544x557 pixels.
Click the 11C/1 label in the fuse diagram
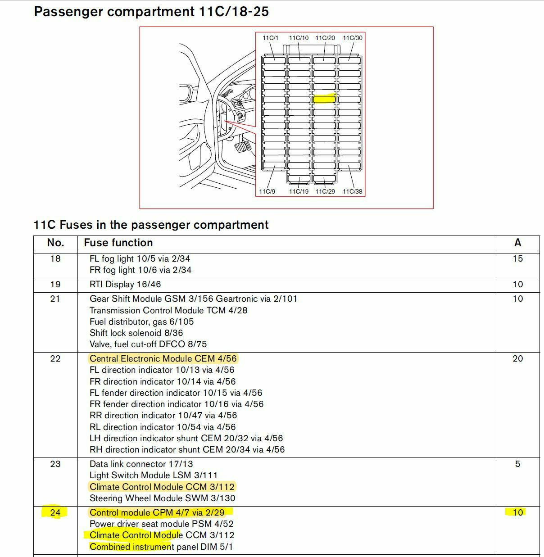(x=271, y=38)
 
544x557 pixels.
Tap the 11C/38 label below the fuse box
(x=353, y=191)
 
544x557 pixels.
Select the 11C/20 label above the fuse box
(x=325, y=38)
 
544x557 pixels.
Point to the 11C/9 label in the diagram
(x=267, y=191)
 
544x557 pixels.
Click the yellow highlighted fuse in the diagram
(x=324, y=99)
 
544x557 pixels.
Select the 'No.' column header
(x=55, y=243)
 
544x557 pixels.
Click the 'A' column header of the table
(x=517, y=243)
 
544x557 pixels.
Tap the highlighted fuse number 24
(x=55, y=512)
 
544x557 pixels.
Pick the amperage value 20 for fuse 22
(x=517, y=358)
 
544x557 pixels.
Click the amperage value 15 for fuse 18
(x=517, y=258)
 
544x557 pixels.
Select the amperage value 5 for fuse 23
(x=517, y=464)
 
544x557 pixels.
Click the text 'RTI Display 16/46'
(x=125, y=284)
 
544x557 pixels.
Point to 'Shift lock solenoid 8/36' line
(x=136, y=333)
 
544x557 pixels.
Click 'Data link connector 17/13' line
(x=141, y=464)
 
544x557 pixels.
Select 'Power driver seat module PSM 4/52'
(x=161, y=524)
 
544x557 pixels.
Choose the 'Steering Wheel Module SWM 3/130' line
(x=162, y=498)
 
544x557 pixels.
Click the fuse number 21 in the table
(x=55, y=299)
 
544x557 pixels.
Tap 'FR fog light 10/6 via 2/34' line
(x=141, y=270)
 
